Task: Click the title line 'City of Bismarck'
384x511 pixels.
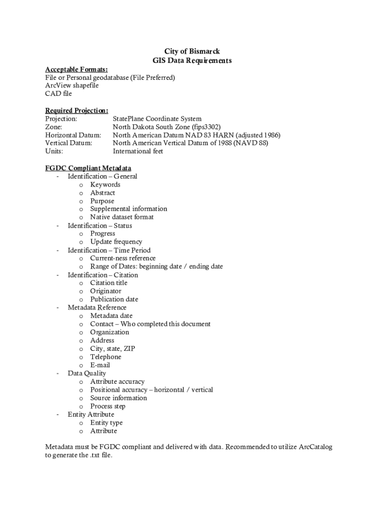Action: [x=192, y=51]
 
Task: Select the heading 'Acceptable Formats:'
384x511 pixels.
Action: [x=76, y=69]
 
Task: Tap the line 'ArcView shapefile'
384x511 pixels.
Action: [x=72, y=85]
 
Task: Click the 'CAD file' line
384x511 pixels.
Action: [x=59, y=93]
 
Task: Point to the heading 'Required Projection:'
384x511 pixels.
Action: [x=77, y=110]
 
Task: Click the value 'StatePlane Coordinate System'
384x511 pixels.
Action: [x=157, y=119]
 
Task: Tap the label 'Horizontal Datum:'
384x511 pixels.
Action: [x=73, y=135]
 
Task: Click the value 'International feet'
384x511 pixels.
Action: [x=138, y=151]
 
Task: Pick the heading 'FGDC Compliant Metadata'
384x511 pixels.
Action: [x=88, y=168]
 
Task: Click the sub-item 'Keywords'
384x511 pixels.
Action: [x=105, y=185]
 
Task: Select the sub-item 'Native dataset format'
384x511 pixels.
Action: [x=122, y=217]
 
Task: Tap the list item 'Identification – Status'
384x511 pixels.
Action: [x=100, y=226]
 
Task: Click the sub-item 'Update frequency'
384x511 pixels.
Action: [x=116, y=242]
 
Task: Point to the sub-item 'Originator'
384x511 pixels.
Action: [x=106, y=291]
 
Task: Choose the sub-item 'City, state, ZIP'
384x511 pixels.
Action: [x=113, y=348]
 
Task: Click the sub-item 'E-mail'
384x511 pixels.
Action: [x=100, y=365]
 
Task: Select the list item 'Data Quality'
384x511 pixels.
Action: [x=87, y=373]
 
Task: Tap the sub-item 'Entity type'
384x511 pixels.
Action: [x=106, y=423]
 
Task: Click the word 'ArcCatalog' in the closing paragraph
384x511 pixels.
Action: [x=315, y=447]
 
